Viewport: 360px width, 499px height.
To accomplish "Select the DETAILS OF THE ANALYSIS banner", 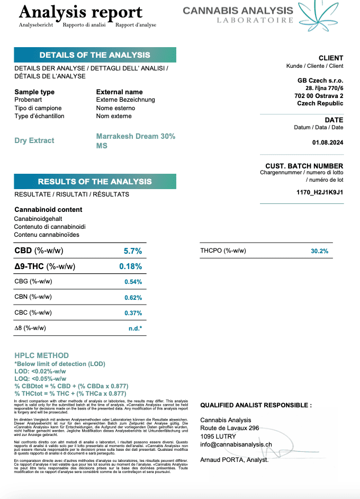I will click(95, 55).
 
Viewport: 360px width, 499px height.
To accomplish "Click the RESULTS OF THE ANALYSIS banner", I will click(95, 182).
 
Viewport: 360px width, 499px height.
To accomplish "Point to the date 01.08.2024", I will click(328, 142).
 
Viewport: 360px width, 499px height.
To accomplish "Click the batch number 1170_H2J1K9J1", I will click(320, 192).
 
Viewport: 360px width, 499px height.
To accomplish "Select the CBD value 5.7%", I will click(132, 251).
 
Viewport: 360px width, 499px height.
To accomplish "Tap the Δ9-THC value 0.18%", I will click(130, 266).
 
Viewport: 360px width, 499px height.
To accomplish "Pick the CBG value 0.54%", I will click(133, 282).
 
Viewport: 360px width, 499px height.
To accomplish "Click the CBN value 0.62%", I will click(133, 298).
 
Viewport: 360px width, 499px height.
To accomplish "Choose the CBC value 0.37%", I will click(133, 313).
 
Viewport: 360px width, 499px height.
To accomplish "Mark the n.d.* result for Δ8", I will click(135, 328).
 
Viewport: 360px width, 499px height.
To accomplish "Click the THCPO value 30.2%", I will click(319, 251).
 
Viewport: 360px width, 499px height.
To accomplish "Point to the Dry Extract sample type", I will click(34, 140).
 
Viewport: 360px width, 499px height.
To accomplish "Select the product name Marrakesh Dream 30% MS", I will click(136, 140).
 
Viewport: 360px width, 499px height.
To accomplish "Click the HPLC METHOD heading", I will click(41, 355).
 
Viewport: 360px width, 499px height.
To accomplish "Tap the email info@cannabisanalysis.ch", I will click(236, 445).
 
